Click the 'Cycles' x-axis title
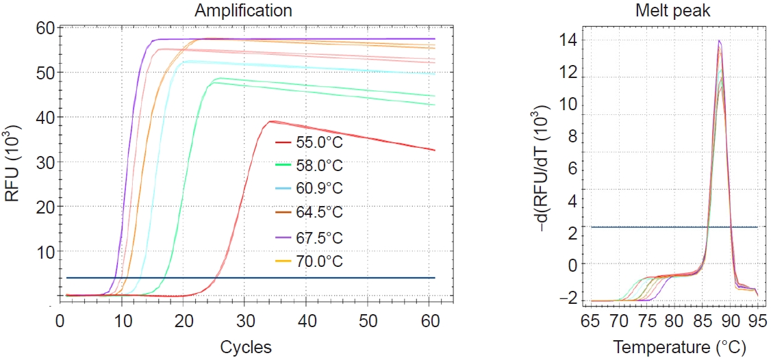click(x=246, y=347)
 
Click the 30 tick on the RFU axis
click(x=45, y=162)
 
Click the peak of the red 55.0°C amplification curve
click(x=270, y=121)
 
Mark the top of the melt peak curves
click(x=719, y=40)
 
